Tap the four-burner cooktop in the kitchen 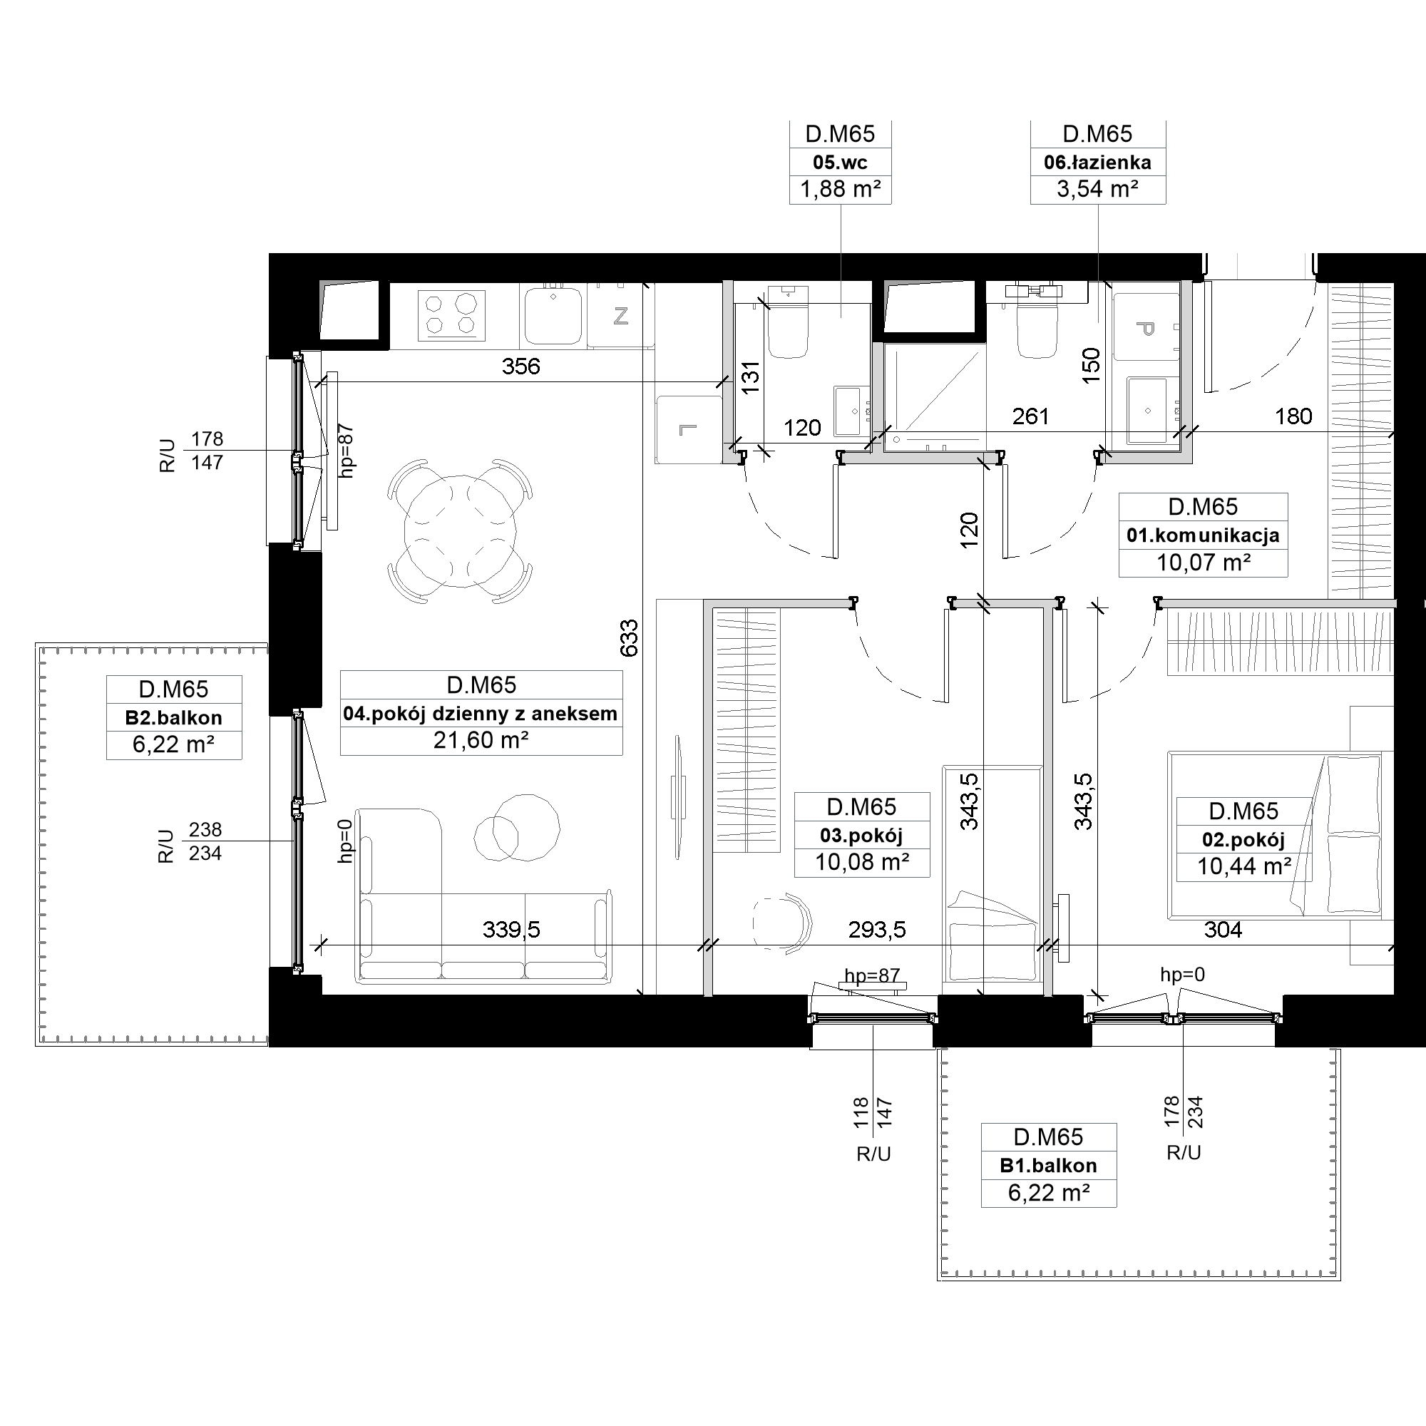pyautogui.click(x=452, y=315)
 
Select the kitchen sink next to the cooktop pyautogui.click(x=553, y=316)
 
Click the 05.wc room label pyautogui.click(x=840, y=163)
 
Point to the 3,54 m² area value pyautogui.click(x=1097, y=190)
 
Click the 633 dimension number pyautogui.click(x=629, y=637)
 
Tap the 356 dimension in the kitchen pyautogui.click(x=521, y=366)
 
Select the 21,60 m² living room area pyautogui.click(x=481, y=740)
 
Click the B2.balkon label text pyautogui.click(x=174, y=717)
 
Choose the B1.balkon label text pyautogui.click(x=1048, y=1166)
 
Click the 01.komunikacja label pyautogui.click(x=1203, y=536)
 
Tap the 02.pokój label pyautogui.click(x=1243, y=840)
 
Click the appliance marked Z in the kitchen pyautogui.click(x=621, y=316)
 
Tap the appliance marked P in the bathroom pyautogui.click(x=1146, y=327)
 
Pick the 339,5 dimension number pyautogui.click(x=511, y=929)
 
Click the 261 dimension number pyautogui.click(x=1030, y=417)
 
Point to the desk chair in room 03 pyautogui.click(x=784, y=923)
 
